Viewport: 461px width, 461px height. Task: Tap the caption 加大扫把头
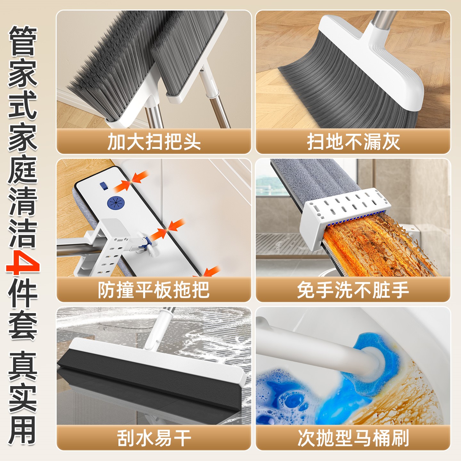[154, 142]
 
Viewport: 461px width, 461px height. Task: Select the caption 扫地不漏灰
[353, 142]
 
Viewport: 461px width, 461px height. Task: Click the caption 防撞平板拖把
[154, 290]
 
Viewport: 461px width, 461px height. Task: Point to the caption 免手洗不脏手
[353, 290]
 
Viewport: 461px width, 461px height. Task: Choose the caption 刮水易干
[154, 438]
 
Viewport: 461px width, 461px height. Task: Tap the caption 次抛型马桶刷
[353, 438]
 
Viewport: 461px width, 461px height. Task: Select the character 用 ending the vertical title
[23, 432]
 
